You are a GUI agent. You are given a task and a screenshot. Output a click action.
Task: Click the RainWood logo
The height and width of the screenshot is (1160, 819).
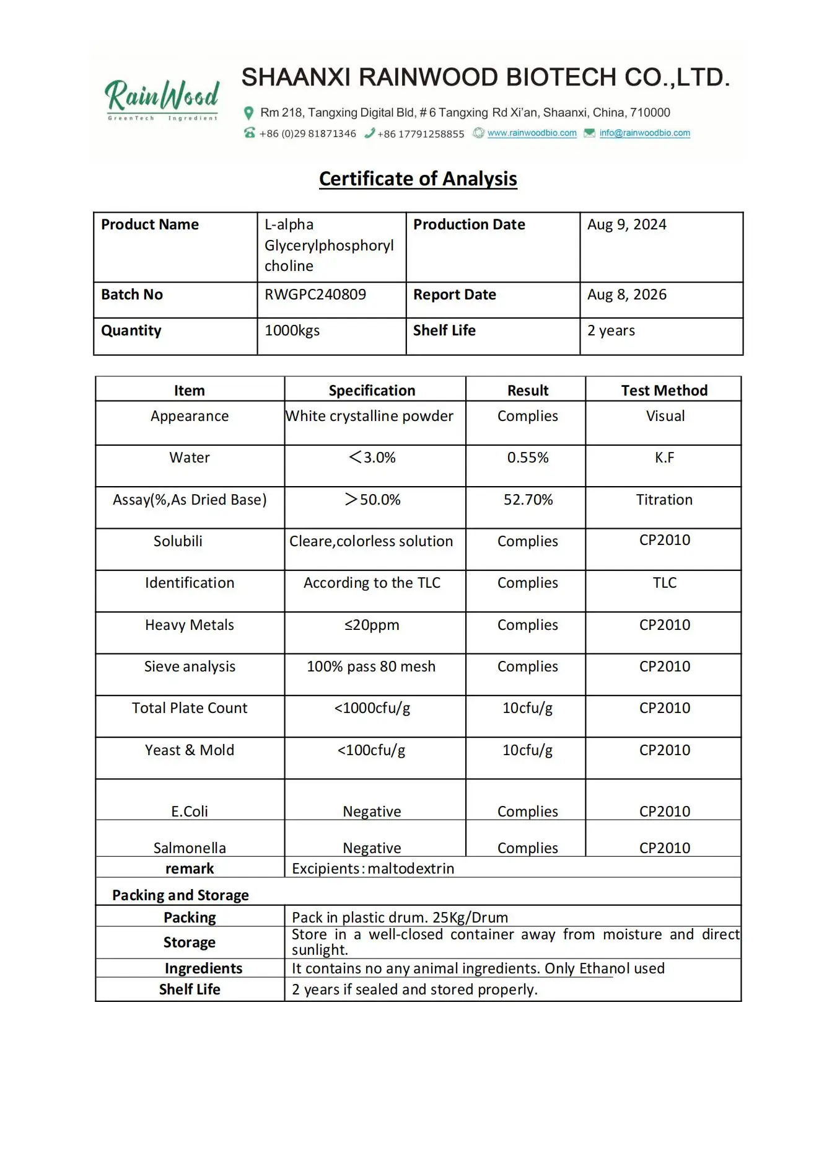pyautogui.click(x=162, y=99)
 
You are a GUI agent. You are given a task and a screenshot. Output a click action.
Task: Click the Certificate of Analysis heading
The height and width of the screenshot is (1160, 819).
pyautogui.click(x=418, y=179)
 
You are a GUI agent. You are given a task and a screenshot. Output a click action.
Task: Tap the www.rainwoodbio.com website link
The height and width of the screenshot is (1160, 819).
pyautogui.click(x=532, y=133)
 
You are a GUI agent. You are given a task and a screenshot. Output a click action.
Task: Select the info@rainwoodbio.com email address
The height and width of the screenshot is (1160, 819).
pyautogui.click(x=644, y=133)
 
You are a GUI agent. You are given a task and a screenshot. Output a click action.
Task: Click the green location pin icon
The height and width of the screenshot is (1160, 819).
pyautogui.click(x=249, y=113)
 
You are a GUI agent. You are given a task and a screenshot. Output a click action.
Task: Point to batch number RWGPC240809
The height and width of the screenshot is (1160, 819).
pyautogui.click(x=315, y=294)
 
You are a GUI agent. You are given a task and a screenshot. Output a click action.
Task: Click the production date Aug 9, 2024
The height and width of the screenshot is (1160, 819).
pyautogui.click(x=626, y=224)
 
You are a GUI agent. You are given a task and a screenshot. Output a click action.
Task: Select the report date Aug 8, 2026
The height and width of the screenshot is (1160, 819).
pyautogui.click(x=626, y=294)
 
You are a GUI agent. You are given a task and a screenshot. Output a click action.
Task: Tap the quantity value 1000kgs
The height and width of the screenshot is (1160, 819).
pyautogui.click(x=292, y=330)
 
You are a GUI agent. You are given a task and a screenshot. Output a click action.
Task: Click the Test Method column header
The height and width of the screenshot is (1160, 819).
pyautogui.click(x=664, y=391)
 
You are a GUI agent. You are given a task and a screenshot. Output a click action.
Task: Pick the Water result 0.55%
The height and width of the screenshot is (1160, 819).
pyautogui.click(x=528, y=458)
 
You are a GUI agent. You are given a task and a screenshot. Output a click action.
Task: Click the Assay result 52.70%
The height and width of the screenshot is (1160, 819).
pyautogui.click(x=528, y=500)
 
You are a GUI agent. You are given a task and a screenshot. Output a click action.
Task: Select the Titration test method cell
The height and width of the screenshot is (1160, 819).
pyautogui.click(x=664, y=500)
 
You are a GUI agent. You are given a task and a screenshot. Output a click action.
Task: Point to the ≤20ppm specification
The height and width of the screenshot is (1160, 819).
pyautogui.click(x=372, y=625)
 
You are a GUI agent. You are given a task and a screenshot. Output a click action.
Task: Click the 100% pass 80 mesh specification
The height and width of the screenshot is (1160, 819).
pyautogui.click(x=371, y=666)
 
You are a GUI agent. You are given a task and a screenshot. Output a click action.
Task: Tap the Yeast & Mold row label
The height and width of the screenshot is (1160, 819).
pyautogui.click(x=190, y=750)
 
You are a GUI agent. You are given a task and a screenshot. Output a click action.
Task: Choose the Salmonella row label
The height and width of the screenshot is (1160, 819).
pyautogui.click(x=190, y=848)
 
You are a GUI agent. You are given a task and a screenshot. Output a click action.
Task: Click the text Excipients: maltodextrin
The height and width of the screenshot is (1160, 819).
pyautogui.click(x=373, y=869)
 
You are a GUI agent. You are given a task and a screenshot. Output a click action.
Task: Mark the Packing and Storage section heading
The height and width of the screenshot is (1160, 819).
pyautogui.click(x=180, y=895)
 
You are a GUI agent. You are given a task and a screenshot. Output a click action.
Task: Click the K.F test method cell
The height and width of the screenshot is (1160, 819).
pyautogui.click(x=664, y=458)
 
